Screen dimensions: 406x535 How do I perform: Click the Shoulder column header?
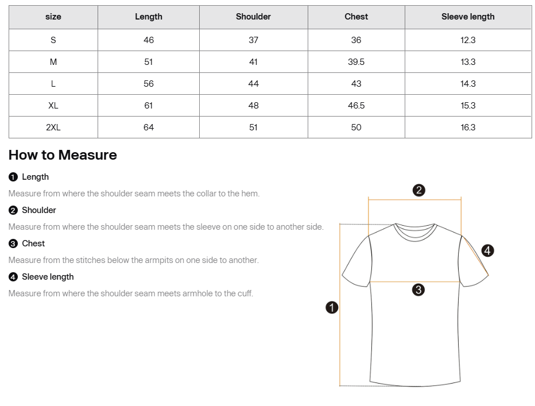[x=253, y=17]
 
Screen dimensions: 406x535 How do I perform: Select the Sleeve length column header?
[x=468, y=17]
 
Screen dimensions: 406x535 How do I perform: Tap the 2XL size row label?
[x=53, y=127]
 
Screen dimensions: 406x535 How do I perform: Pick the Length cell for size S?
[x=149, y=40]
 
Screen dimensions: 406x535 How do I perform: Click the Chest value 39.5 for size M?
[x=356, y=61]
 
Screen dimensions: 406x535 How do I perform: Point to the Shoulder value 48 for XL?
[x=253, y=105]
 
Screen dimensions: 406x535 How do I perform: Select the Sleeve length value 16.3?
[x=468, y=127]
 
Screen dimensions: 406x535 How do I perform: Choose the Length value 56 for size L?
[x=149, y=83]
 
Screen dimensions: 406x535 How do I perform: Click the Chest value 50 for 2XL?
[x=356, y=127]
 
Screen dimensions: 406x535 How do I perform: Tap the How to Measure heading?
[x=63, y=155]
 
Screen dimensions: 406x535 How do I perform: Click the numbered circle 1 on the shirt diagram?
[x=332, y=308]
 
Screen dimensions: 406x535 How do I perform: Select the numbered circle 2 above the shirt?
[x=419, y=190]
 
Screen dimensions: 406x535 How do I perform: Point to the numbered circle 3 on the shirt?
[x=418, y=290]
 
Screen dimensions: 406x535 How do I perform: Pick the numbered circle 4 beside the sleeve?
[x=487, y=250]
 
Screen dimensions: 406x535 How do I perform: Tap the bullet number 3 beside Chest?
[x=13, y=243]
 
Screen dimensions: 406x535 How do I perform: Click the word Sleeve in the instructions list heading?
[x=34, y=277]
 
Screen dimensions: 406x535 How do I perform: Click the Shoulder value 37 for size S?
[x=253, y=40]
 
